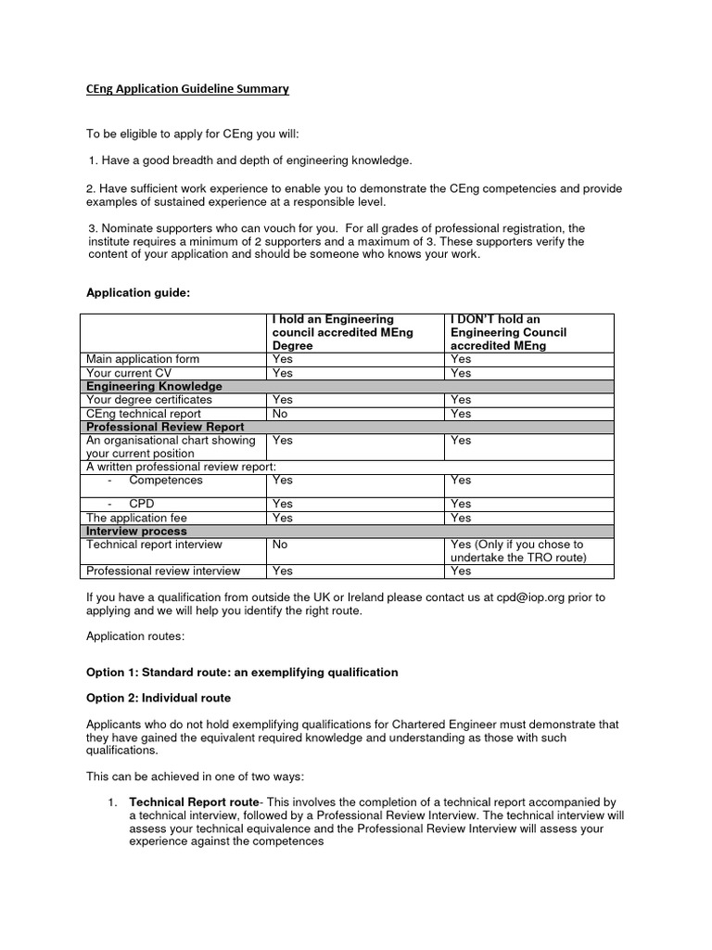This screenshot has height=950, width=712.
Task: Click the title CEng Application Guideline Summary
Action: click(182, 89)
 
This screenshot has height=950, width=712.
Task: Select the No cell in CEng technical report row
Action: click(280, 414)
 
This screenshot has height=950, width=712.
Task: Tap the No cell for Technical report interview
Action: click(280, 545)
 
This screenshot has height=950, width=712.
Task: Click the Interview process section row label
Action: click(136, 531)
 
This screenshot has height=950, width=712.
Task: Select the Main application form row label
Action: click(142, 359)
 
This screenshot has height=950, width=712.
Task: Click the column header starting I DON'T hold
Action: click(507, 332)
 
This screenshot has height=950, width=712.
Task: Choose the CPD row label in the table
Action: click(141, 504)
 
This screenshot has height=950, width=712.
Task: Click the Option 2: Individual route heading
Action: click(159, 697)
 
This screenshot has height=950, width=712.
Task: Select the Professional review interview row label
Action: click(163, 571)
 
